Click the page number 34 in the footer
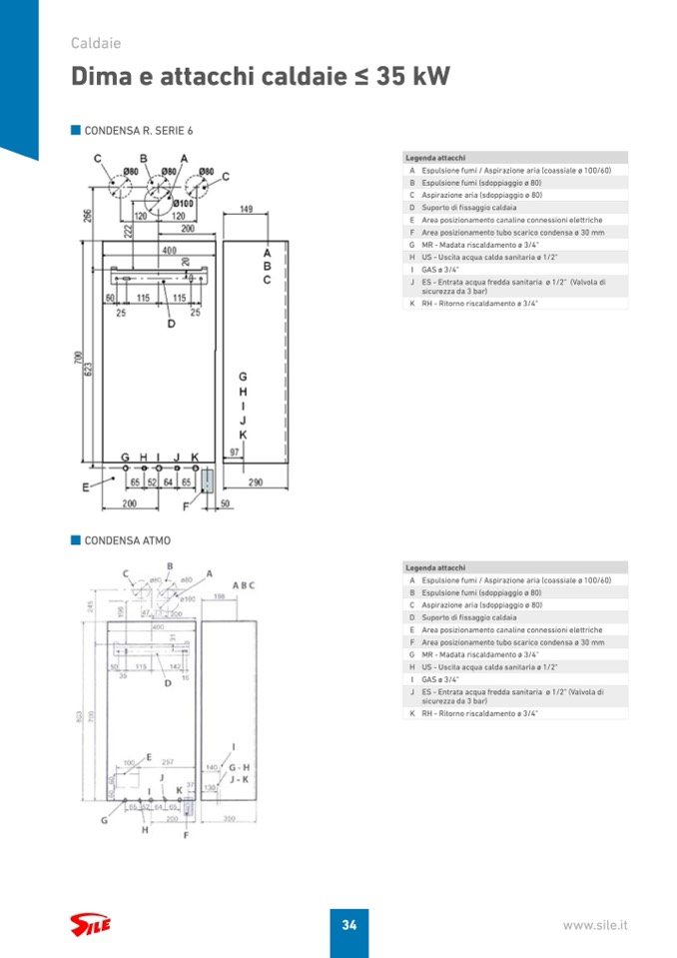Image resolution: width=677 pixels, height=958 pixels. pyautogui.click(x=348, y=925)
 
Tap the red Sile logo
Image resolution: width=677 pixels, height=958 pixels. pyautogui.click(x=90, y=924)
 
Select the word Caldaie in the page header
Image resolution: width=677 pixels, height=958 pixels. pyautogui.click(x=96, y=43)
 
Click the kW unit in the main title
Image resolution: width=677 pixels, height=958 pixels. pyautogui.click(x=428, y=78)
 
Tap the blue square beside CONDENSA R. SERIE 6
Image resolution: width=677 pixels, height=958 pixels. pyautogui.click(x=75, y=130)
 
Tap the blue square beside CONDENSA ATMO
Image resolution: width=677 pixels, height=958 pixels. pyautogui.click(x=75, y=540)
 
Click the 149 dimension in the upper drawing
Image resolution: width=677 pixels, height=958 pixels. pyautogui.click(x=246, y=209)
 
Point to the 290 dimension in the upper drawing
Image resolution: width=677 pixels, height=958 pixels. pyautogui.click(x=255, y=482)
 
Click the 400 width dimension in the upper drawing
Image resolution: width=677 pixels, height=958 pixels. pyautogui.click(x=169, y=250)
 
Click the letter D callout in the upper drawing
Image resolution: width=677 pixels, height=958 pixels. pyautogui.click(x=171, y=324)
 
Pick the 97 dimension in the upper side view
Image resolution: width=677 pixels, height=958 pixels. pyautogui.click(x=235, y=453)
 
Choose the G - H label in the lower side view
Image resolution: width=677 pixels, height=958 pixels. pyautogui.click(x=239, y=767)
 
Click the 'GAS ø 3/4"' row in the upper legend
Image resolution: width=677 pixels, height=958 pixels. pyautogui.click(x=440, y=270)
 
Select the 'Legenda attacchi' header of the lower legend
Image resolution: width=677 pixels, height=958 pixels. pyautogui.click(x=435, y=567)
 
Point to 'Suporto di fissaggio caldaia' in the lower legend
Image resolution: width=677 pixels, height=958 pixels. pyautogui.click(x=468, y=617)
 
